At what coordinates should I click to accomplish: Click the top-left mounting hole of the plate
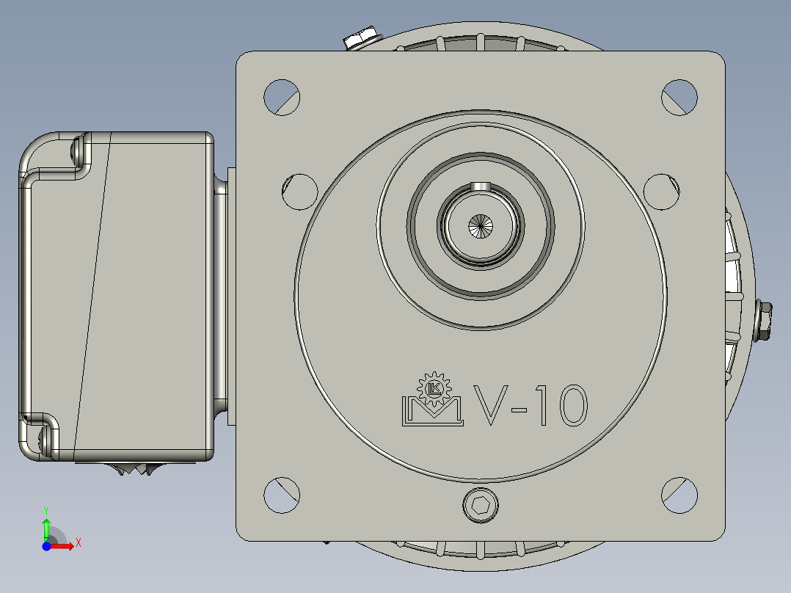coord(282,96)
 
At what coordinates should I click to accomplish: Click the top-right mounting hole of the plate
coord(679,96)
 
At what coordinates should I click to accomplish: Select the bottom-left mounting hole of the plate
coord(282,495)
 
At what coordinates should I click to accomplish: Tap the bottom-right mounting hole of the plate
coord(679,495)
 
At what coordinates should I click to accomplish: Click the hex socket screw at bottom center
coord(481,505)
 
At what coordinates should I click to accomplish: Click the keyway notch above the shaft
coord(480,186)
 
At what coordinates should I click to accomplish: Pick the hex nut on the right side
coord(763,321)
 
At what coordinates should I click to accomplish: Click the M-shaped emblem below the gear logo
coord(432,411)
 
